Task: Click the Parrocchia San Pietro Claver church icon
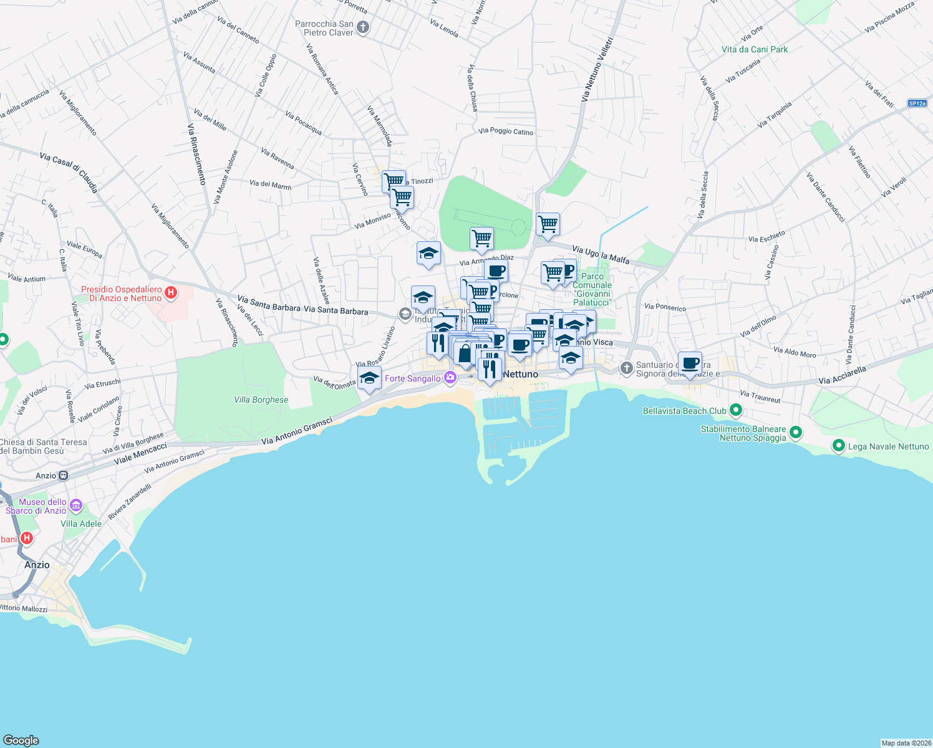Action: point(363,27)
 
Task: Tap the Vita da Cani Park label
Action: point(755,49)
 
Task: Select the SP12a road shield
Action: point(917,103)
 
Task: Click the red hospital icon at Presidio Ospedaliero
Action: point(171,292)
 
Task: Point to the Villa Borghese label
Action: point(261,400)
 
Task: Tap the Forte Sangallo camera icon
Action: point(450,378)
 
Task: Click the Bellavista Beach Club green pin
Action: point(736,410)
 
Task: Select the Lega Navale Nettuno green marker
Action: point(838,446)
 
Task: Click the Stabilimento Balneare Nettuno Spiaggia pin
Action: point(795,432)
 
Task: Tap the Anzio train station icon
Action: point(63,476)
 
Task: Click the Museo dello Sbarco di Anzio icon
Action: point(76,504)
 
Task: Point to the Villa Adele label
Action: point(81,524)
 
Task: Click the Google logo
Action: point(21,740)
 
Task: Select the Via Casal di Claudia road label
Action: point(69,171)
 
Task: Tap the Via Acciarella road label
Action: point(842,375)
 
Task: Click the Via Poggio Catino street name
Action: point(506,131)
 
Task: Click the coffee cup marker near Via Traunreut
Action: point(690,364)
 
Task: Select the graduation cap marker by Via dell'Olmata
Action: point(369,378)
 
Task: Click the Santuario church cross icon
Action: point(626,368)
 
